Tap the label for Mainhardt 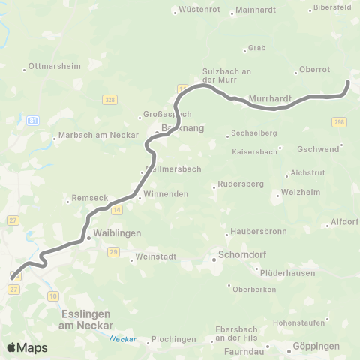(256, 10)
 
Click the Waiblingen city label (116, 234)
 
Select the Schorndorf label (242, 253)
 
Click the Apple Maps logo (27, 347)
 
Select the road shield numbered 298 (340, 122)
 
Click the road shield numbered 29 (114, 252)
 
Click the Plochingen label (173, 339)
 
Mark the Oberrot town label (314, 69)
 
